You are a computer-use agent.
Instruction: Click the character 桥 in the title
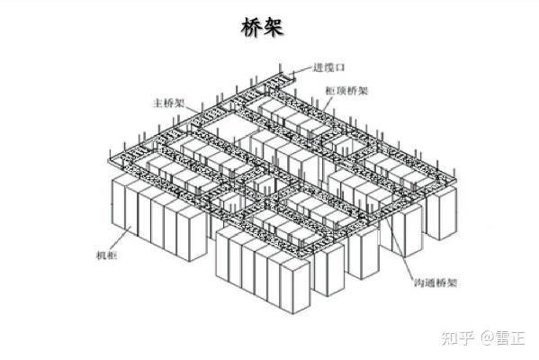252,27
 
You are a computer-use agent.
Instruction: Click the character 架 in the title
274,27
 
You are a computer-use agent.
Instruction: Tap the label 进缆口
328,67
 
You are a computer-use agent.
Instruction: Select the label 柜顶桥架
346,91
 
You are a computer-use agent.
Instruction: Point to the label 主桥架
169,103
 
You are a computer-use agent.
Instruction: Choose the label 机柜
106,255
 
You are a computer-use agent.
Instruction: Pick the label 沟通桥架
436,283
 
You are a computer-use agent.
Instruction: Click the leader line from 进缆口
301,70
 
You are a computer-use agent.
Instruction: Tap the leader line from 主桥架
193,109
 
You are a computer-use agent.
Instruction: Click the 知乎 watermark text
458,337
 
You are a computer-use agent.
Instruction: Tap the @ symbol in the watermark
488,337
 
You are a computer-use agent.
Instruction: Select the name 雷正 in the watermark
510,337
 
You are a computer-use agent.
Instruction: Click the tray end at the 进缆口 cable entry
288,77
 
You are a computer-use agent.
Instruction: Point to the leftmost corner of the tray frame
109,161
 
